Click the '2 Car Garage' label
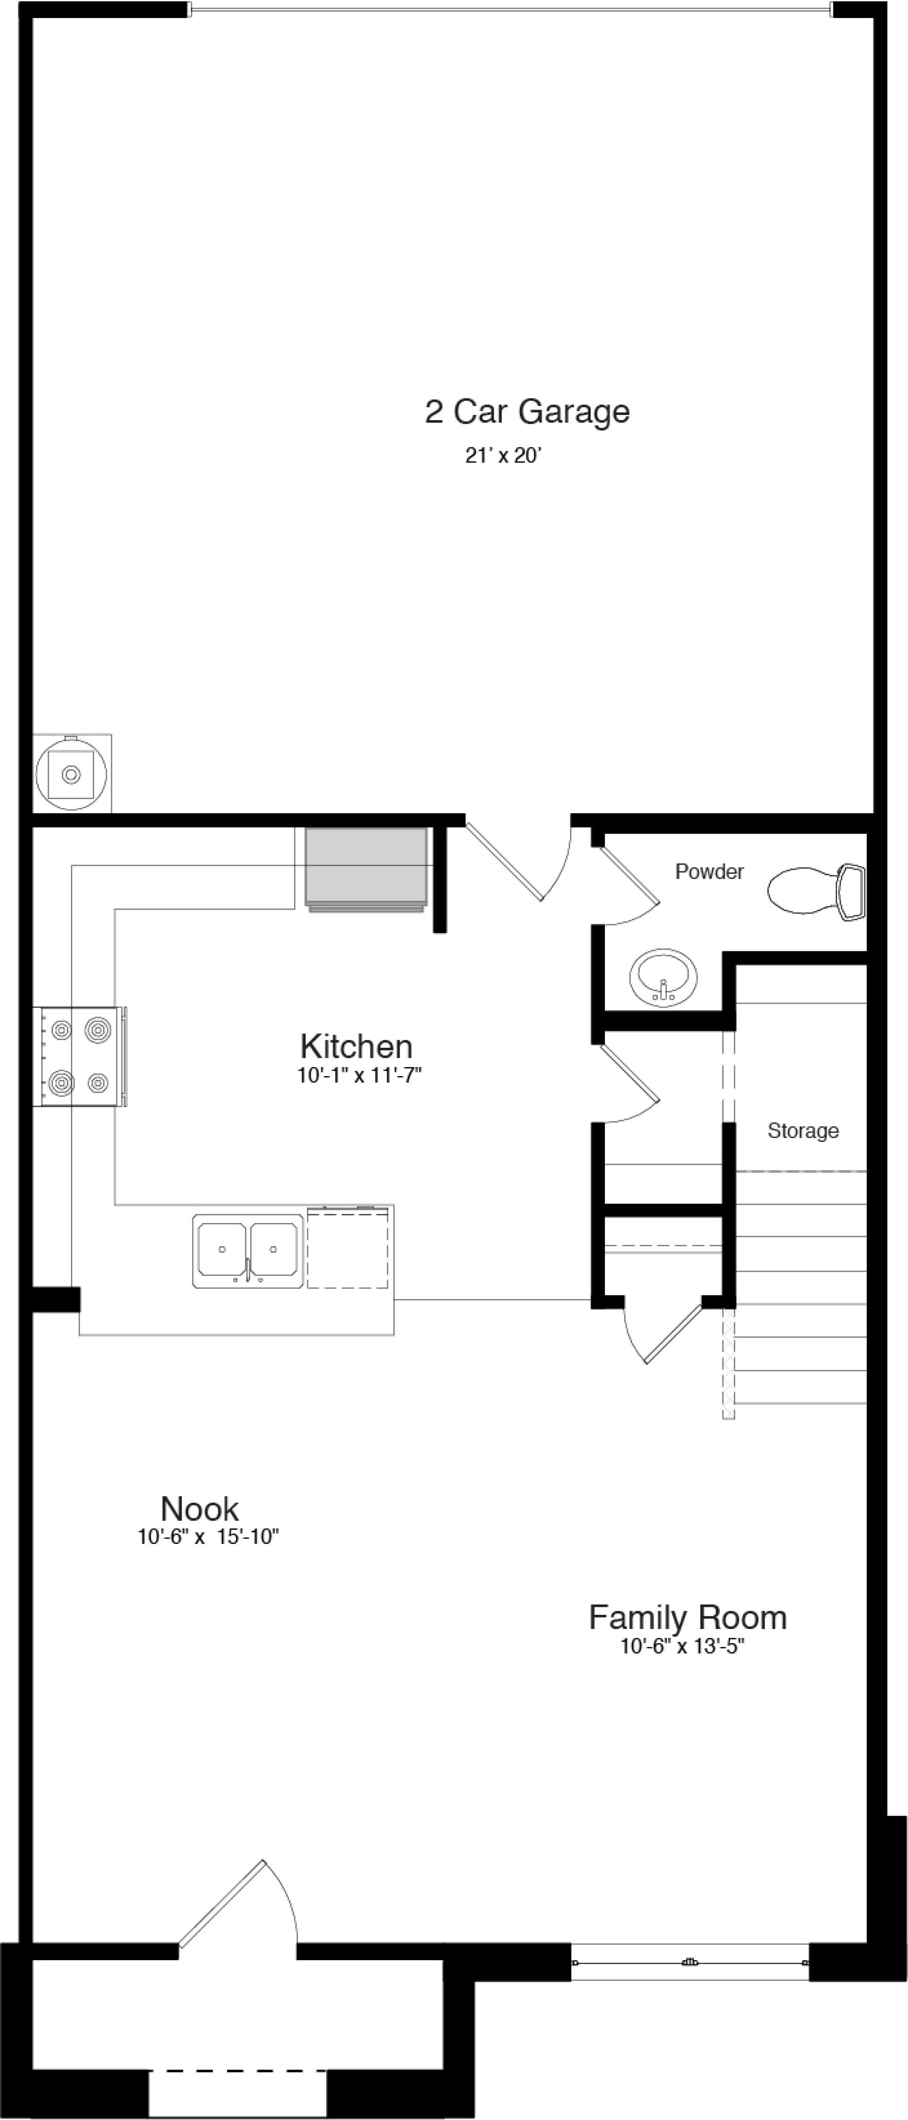point(527,412)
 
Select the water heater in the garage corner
point(71,774)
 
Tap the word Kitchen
point(357,1047)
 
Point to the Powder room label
point(709,871)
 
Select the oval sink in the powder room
point(663,977)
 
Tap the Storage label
point(803,1131)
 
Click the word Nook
point(200,1508)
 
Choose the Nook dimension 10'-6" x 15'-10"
point(208,1536)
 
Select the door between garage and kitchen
point(515,860)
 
